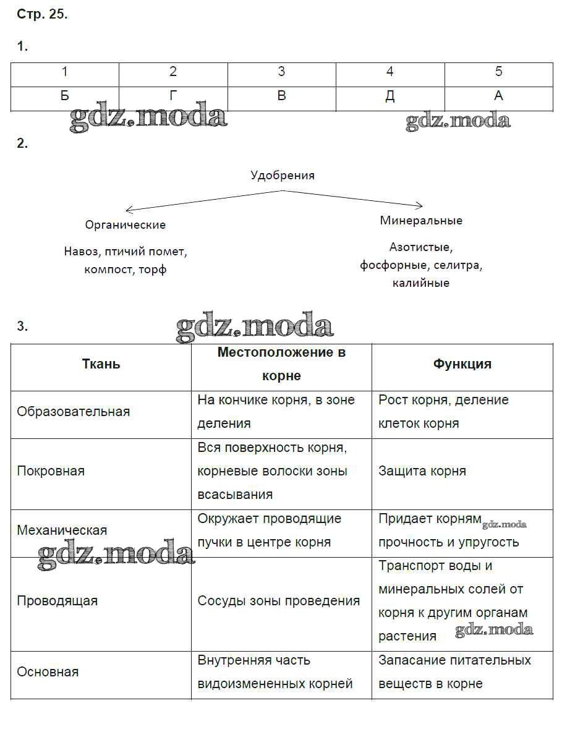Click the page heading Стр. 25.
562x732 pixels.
pyautogui.click(x=42, y=15)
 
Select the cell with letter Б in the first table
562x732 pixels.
pyautogui.click(x=64, y=96)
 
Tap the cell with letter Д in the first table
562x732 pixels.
pyautogui.click(x=390, y=96)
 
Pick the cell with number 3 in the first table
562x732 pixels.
pyautogui.click(x=281, y=72)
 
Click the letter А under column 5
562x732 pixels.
pyautogui.click(x=498, y=96)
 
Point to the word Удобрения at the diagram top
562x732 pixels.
pyautogui.click(x=282, y=176)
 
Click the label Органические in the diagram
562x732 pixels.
pyautogui.click(x=126, y=225)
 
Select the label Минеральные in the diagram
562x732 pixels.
pyautogui.click(x=421, y=221)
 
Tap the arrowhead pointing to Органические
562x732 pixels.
pyautogui.click(x=128, y=210)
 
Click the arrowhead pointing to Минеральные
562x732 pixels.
pyautogui.click(x=420, y=205)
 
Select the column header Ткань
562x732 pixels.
pyautogui.click(x=101, y=364)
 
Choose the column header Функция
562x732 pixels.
pyautogui.click(x=462, y=364)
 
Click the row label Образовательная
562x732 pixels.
pyautogui.click(x=74, y=412)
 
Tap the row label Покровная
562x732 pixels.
pyautogui.click(x=51, y=471)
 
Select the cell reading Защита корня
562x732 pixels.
pyautogui.click(x=422, y=471)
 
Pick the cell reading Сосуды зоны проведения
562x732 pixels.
pyautogui.click(x=278, y=601)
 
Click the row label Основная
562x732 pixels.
pyautogui.click(x=48, y=672)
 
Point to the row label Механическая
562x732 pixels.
pyautogui.click(x=62, y=530)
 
